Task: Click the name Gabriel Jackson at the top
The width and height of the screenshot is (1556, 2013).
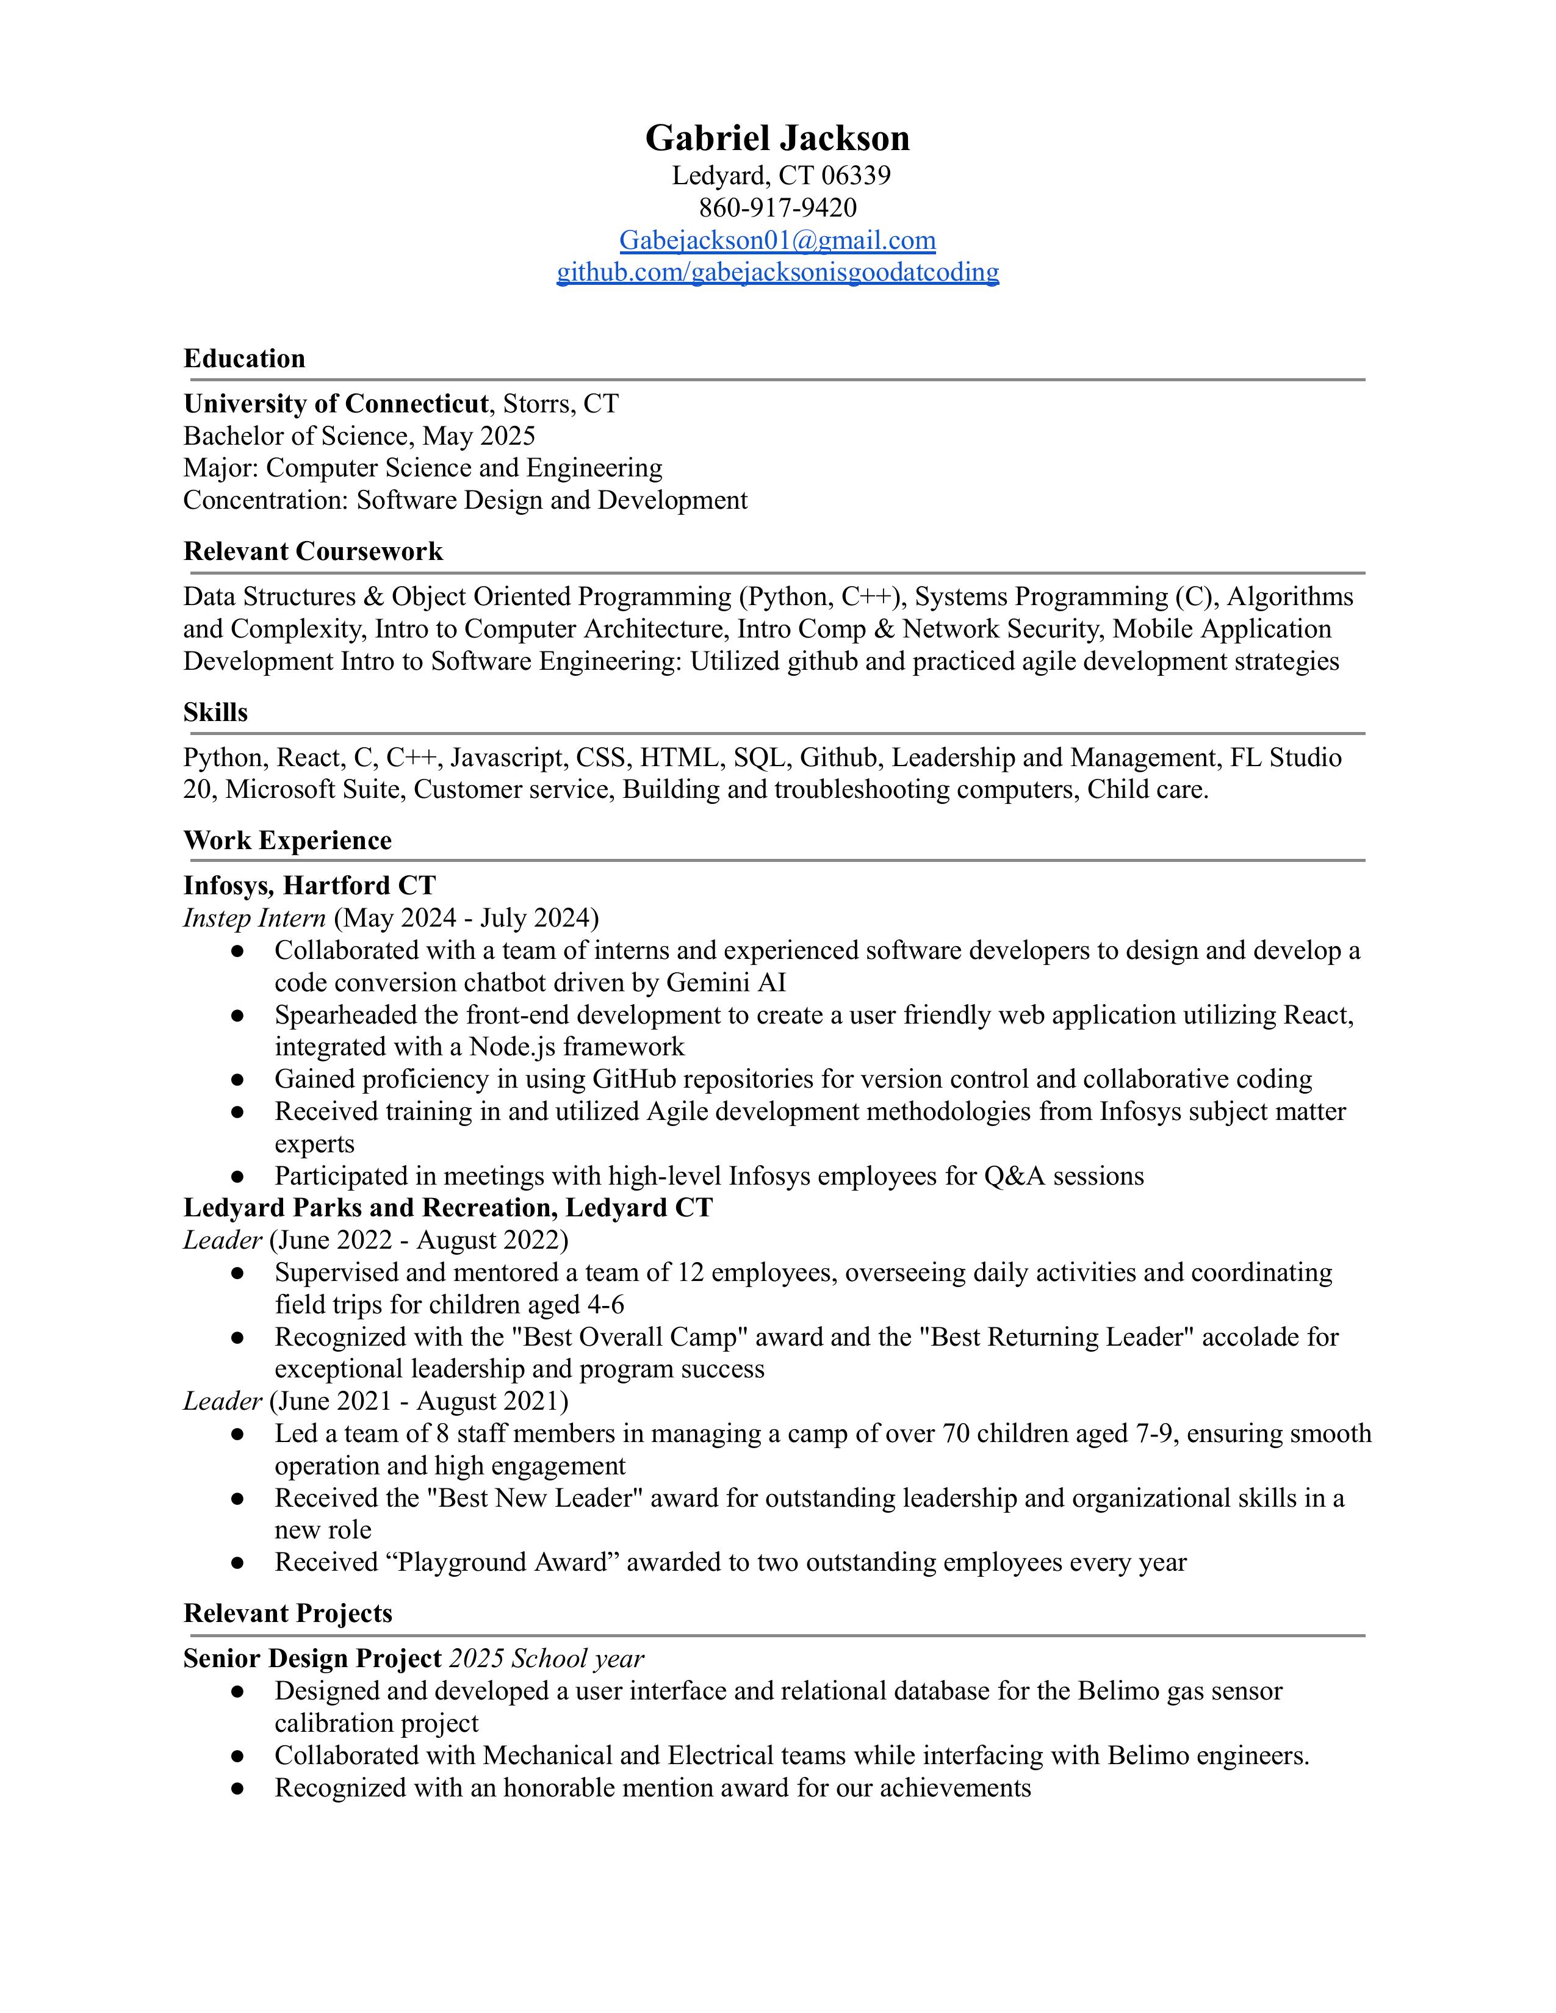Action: (777, 138)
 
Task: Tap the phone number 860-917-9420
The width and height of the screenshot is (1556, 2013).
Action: (777, 207)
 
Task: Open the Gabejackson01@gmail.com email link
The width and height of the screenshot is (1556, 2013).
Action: (777, 240)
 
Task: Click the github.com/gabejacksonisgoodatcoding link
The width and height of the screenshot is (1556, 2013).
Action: (777, 273)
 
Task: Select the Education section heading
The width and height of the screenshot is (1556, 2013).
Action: (244, 359)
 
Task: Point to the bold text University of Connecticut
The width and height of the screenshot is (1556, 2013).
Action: (336, 404)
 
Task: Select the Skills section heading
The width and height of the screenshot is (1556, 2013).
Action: (215, 712)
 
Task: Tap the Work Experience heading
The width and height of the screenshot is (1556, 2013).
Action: (287, 841)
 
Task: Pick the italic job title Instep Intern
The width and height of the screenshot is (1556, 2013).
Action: (254, 918)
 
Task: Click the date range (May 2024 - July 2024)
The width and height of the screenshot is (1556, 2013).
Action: (466, 918)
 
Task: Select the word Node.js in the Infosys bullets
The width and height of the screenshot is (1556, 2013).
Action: (511, 1047)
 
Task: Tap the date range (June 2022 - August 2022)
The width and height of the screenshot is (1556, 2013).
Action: (419, 1241)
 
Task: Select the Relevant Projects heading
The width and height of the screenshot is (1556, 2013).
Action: (287, 1613)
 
